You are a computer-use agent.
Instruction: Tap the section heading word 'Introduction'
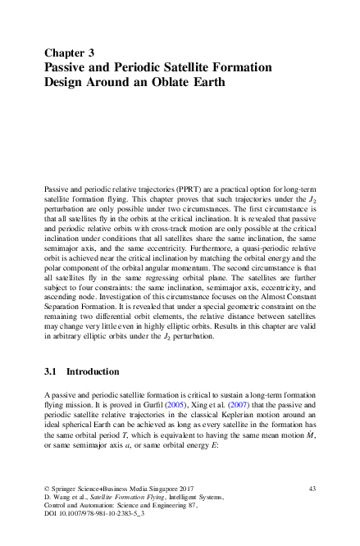pyautogui.click(x=93, y=371)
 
